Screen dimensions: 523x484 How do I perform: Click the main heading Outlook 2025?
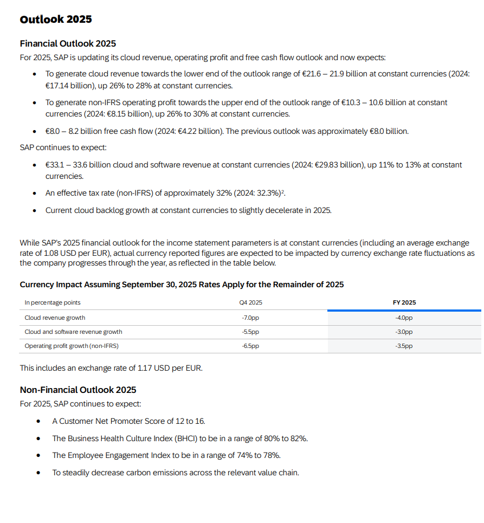click(56, 20)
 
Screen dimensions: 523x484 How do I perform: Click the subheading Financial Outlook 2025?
click(68, 43)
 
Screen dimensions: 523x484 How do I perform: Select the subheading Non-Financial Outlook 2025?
click(78, 390)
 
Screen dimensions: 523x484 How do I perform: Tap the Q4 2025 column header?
click(251, 302)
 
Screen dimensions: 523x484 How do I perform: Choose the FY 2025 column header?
click(404, 302)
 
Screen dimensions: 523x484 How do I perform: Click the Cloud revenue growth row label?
click(55, 318)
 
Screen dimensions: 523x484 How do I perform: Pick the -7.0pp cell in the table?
click(250, 318)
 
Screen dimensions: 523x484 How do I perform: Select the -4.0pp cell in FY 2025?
click(404, 318)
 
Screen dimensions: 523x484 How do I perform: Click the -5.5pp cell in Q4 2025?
click(250, 332)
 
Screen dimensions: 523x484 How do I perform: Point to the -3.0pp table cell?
click(404, 332)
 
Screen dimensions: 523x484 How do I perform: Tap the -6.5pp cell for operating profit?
click(250, 346)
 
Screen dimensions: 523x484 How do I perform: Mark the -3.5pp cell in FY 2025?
click(404, 346)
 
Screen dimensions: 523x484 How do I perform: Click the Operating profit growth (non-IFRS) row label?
click(72, 346)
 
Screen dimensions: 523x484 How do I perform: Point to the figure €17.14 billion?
click(70, 86)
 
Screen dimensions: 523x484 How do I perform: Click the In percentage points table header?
click(53, 302)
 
